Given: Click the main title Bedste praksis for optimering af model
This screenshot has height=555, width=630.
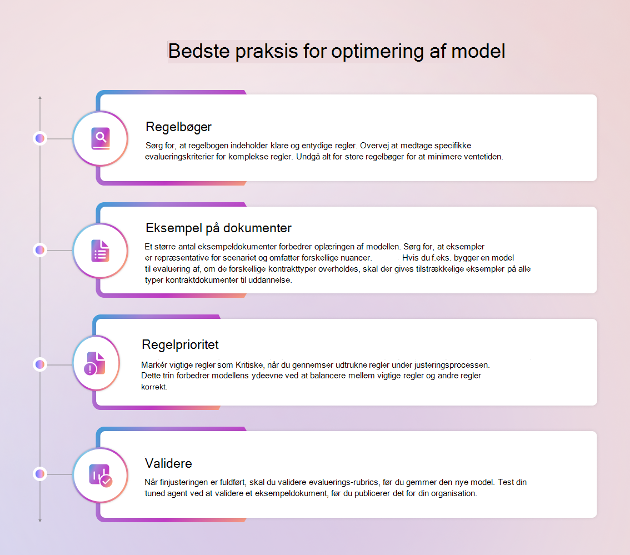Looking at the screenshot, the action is pyautogui.click(x=336, y=52).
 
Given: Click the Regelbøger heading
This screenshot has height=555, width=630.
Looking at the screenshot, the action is pyautogui.click(x=178, y=127).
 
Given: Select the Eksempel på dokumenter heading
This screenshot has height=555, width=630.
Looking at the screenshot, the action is pyautogui.click(x=218, y=228).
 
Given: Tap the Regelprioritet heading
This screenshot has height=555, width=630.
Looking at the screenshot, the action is pyautogui.click(x=180, y=345).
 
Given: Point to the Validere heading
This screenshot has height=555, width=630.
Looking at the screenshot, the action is pyautogui.click(x=168, y=463).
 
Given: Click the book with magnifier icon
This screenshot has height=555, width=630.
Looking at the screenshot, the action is pyautogui.click(x=101, y=139).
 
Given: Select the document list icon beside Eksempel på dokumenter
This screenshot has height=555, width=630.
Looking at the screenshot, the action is pyautogui.click(x=100, y=251).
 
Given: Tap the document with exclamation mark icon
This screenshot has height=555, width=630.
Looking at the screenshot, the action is pyautogui.click(x=95, y=363).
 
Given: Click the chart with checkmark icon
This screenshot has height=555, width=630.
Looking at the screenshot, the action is pyautogui.click(x=101, y=476).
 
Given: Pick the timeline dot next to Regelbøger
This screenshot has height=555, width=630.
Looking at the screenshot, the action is pyautogui.click(x=40, y=138).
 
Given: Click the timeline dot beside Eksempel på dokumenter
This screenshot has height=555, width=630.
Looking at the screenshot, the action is pyautogui.click(x=40, y=251).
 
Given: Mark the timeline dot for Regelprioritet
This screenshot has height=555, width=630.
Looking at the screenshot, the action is pyautogui.click(x=40, y=364).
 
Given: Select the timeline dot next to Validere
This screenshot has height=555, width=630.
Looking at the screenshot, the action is pyautogui.click(x=40, y=474).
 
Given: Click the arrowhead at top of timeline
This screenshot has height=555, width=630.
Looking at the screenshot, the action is pyautogui.click(x=40, y=97).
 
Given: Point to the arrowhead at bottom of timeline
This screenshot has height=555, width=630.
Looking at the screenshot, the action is pyautogui.click(x=40, y=521).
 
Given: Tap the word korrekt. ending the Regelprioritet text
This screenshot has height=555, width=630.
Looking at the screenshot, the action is pyautogui.click(x=154, y=387).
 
